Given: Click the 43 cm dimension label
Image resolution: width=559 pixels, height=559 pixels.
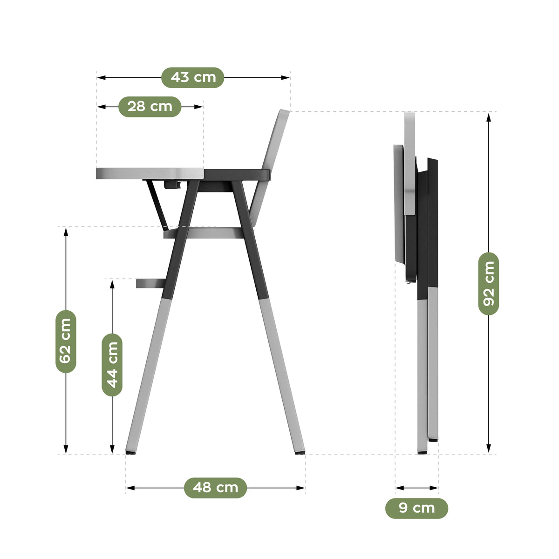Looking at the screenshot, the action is tap(192, 77).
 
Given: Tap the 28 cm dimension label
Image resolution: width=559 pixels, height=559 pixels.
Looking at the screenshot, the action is tap(150, 107).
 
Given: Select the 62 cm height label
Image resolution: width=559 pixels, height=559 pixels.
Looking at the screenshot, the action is tap(66, 341).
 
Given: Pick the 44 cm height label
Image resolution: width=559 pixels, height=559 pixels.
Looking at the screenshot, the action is tap(112, 365).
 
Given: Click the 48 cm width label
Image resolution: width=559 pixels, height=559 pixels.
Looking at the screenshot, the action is tap(215, 488).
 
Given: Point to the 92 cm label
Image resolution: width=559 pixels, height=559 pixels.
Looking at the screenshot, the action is tap(489, 284).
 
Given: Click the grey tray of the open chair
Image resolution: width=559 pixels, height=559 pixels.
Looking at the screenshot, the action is tap(150, 173).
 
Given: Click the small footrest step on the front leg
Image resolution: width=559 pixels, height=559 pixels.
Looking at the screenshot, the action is tap(151, 283).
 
